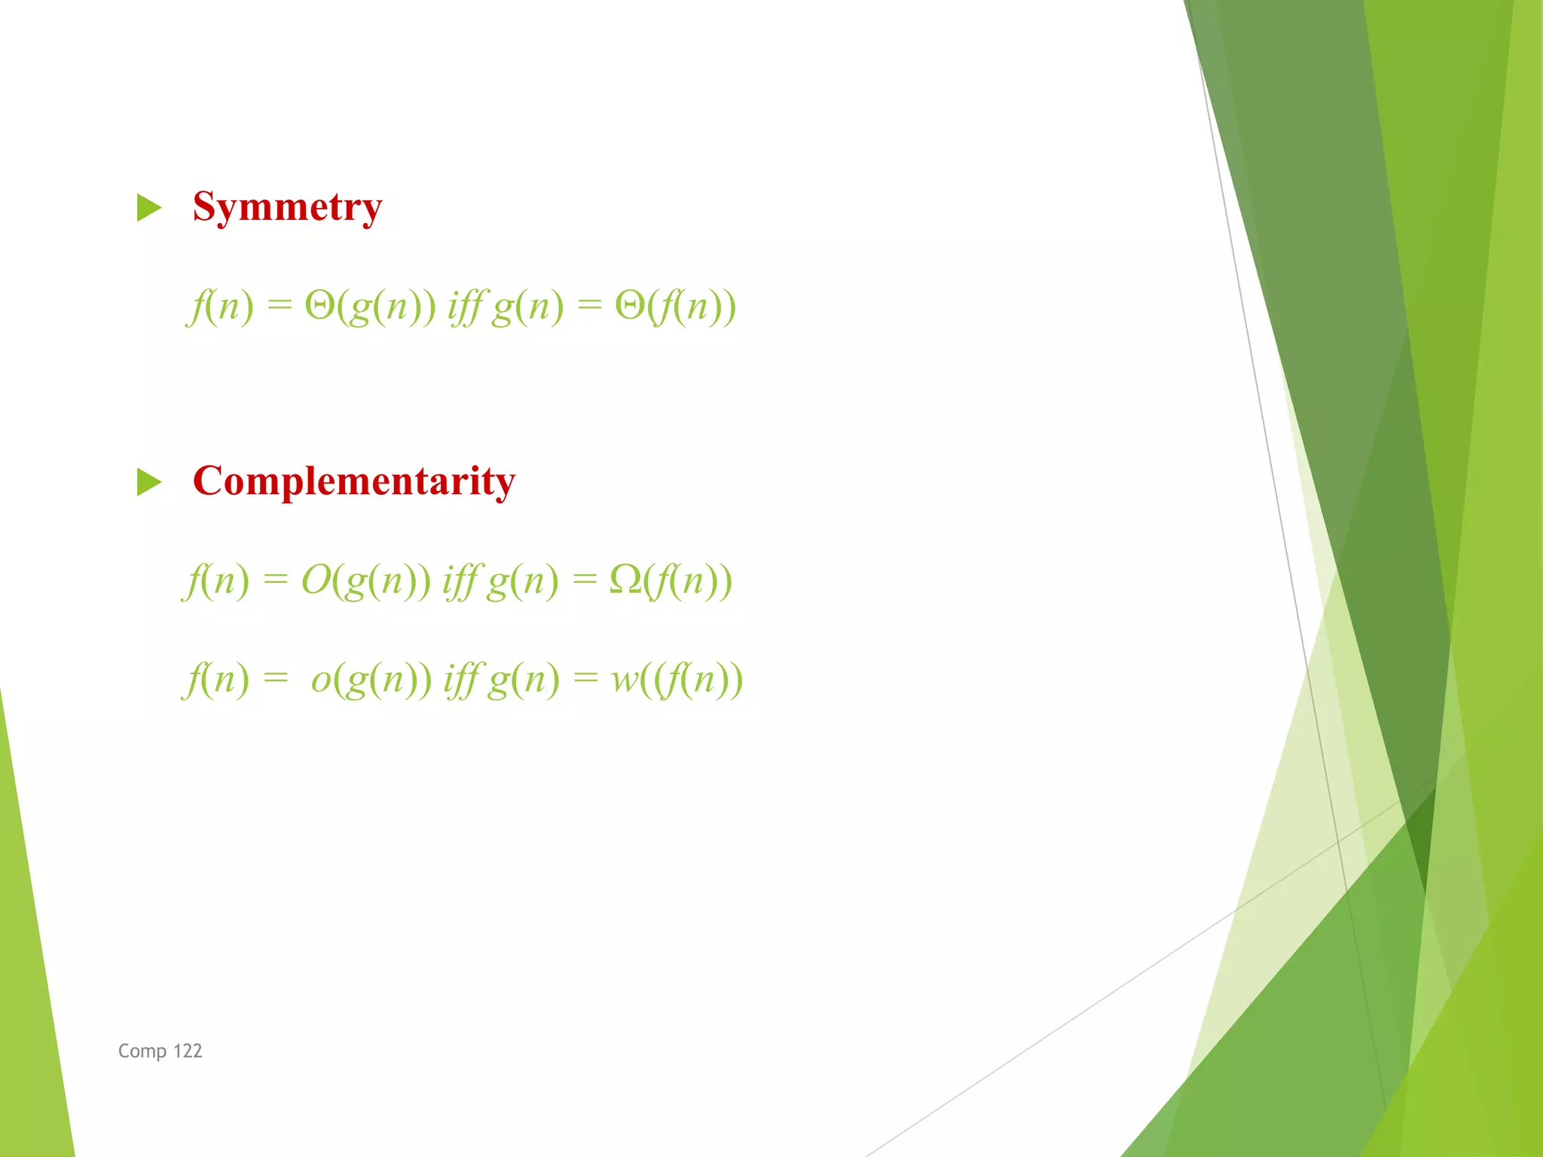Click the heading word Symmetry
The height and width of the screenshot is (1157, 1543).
[x=287, y=207]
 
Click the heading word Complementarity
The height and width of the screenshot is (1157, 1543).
[x=354, y=481]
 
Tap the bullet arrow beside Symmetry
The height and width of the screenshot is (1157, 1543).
[x=149, y=208]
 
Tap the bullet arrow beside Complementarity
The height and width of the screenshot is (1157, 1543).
[x=149, y=482]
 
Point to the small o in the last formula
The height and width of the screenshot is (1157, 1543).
[x=321, y=679]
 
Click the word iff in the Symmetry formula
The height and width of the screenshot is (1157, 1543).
[x=466, y=307]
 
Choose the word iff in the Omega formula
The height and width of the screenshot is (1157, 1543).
[x=460, y=580]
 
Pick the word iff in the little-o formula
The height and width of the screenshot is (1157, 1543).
[x=461, y=679]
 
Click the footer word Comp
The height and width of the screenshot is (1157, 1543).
[x=142, y=1051]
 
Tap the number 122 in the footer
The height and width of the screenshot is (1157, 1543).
[x=188, y=1051]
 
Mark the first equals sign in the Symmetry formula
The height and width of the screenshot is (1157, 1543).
[x=279, y=305]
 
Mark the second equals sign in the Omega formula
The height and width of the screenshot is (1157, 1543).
[x=585, y=578]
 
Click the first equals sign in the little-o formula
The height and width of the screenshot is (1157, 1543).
[x=276, y=679]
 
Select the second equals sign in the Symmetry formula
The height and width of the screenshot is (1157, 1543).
[x=590, y=305]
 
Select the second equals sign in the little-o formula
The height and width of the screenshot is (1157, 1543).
[x=585, y=679]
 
